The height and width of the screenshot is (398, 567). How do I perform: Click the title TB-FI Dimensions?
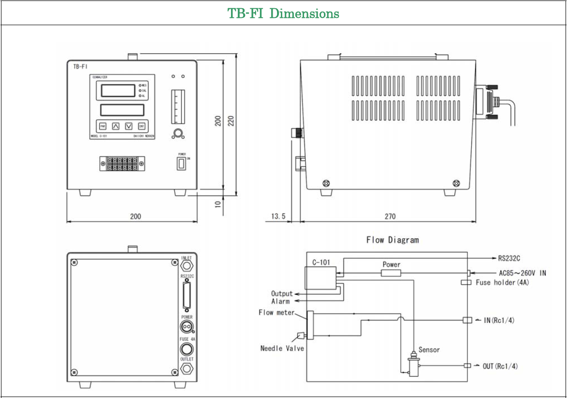coord(283,13)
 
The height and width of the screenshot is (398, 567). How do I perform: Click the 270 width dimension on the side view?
coord(390,216)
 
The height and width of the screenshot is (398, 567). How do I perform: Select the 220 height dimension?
coord(231,120)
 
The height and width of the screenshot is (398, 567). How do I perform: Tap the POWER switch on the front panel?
coord(181,165)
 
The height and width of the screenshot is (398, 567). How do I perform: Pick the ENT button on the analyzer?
coord(141,126)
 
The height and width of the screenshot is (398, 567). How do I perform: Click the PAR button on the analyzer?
coord(103,126)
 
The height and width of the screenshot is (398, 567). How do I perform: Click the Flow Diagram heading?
coord(392,240)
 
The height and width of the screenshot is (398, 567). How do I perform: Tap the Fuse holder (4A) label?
coord(502,282)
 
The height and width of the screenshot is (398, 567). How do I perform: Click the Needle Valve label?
coord(282,348)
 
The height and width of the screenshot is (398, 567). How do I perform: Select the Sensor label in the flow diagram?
coord(429,350)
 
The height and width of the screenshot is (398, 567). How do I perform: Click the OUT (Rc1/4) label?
coord(500,366)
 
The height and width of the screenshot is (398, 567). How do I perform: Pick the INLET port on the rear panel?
coord(186,266)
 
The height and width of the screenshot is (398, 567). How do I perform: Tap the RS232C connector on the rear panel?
coord(186,296)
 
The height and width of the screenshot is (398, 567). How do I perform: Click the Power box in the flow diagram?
coord(391,273)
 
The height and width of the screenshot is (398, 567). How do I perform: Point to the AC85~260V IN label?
coord(522,273)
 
